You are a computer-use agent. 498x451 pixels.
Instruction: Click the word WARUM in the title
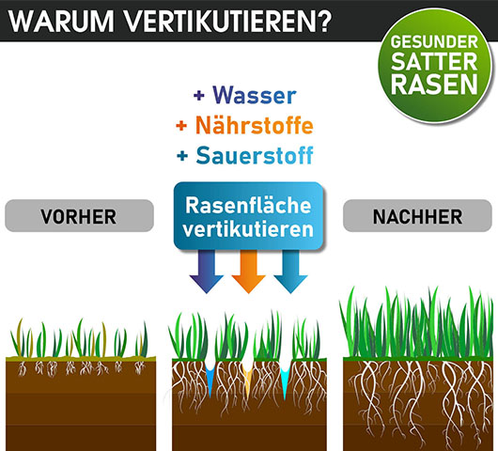pyautogui.click(x=61, y=22)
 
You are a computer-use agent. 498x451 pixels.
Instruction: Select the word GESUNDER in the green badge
pyautogui.click(x=434, y=42)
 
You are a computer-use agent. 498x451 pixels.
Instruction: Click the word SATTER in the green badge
pyautogui.click(x=434, y=62)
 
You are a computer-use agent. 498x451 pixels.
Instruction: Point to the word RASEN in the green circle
pyautogui.click(x=434, y=85)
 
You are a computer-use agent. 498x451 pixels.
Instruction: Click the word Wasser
pyautogui.click(x=255, y=95)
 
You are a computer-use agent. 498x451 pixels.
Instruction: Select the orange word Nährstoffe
pyautogui.click(x=255, y=125)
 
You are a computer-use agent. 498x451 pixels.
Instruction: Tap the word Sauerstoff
pyautogui.click(x=255, y=155)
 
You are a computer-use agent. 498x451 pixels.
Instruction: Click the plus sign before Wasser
pyautogui.click(x=199, y=95)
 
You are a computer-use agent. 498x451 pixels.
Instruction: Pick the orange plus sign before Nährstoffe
pyautogui.click(x=181, y=126)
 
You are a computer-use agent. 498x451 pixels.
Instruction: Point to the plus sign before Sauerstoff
pyautogui.click(x=182, y=156)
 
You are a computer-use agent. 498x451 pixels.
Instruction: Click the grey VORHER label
pyautogui.click(x=80, y=216)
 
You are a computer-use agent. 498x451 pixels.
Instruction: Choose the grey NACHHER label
pyautogui.click(x=417, y=216)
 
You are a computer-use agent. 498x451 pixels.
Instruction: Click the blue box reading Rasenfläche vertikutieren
pyautogui.click(x=248, y=216)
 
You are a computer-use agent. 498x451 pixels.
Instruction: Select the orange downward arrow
pyautogui.click(x=248, y=272)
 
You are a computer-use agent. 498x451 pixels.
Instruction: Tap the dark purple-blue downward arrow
pyautogui.click(x=207, y=272)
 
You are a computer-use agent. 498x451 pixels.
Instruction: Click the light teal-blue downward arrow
pyautogui.click(x=290, y=272)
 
